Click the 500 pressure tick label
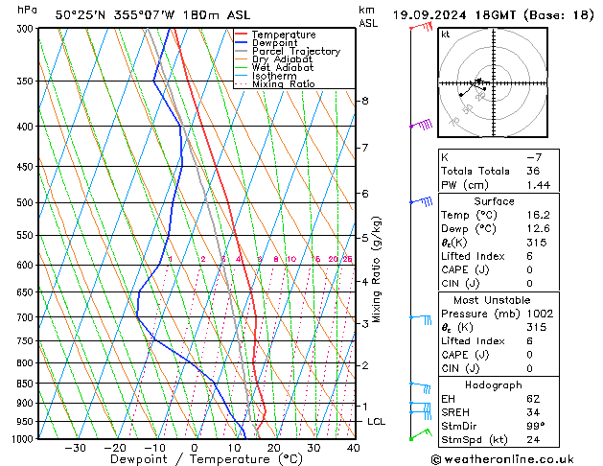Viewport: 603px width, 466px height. pos(26,203)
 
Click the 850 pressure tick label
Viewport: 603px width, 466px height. pos(26,384)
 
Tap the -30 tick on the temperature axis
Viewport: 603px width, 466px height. pos(75,448)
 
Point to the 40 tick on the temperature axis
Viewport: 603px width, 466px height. pos(353,448)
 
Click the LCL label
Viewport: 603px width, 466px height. pos(377,422)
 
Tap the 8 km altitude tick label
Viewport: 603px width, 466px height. pos(364,101)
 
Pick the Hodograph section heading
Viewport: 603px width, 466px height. pos(495,384)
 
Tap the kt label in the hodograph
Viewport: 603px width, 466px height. pos(446,34)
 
